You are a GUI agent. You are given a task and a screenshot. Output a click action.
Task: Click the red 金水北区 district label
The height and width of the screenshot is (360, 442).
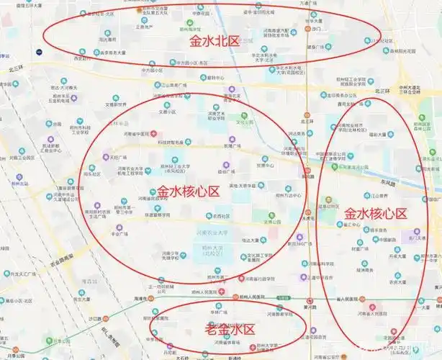click(214, 42)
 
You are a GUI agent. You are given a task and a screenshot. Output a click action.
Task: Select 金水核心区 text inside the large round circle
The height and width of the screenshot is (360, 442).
click(189, 192)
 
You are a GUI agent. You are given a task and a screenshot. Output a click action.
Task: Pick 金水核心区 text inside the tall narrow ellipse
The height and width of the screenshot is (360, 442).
click(375, 213)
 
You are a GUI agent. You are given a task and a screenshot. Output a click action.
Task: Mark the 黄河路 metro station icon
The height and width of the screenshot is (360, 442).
click(309, 301)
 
